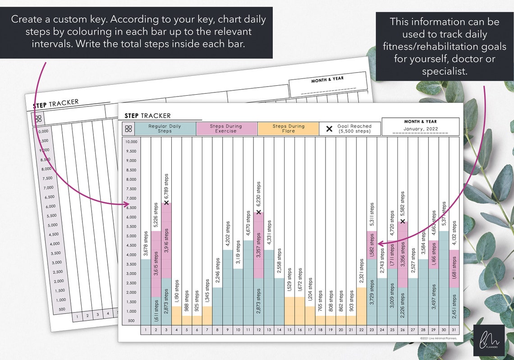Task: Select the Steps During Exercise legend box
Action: coord(227,129)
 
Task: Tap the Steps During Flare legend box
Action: coord(288,129)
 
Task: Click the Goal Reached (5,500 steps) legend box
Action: coord(349,129)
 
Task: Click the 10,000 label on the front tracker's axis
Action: coord(131,142)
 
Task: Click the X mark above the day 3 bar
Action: coord(166,202)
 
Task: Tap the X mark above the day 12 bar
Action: coord(259,212)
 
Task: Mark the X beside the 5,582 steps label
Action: coord(403,221)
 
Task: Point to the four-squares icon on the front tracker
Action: coord(128,129)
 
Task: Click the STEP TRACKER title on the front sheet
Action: coord(147,116)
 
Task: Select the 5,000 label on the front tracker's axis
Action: coord(131,236)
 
